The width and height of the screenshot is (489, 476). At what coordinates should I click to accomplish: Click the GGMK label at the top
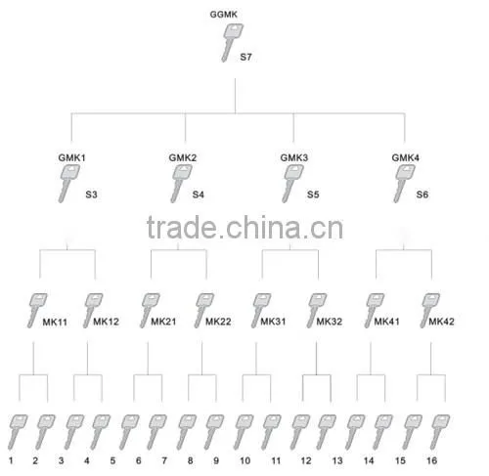click(223, 15)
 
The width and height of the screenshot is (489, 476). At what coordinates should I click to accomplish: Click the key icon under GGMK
click(232, 43)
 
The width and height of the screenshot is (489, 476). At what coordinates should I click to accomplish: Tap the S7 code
click(245, 57)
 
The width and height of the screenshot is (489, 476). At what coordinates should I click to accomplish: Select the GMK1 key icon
click(68, 183)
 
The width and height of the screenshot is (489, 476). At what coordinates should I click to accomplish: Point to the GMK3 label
click(294, 157)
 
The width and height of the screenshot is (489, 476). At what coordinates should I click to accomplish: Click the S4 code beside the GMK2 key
click(199, 195)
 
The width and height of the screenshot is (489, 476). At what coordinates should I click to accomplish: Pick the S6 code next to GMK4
click(422, 195)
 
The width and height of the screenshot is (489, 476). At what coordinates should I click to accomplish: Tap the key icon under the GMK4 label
click(404, 183)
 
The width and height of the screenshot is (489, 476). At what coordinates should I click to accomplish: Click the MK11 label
click(55, 322)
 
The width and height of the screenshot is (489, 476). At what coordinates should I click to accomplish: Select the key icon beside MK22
click(203, 311)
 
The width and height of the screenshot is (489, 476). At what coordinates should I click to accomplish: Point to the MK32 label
click(330, 322)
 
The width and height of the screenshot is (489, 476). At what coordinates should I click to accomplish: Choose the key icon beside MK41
click(374, 311)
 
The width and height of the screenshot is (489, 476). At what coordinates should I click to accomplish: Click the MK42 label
click(441, 322)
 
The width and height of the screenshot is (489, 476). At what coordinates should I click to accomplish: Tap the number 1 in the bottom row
click(11, 460)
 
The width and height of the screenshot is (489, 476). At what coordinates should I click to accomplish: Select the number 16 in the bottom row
click(432, 460)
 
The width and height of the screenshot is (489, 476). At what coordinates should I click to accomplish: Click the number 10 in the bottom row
click(244, 460)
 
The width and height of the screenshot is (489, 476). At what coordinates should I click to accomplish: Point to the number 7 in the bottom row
click(164, 460)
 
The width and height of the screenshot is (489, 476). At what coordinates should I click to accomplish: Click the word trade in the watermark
click(181, 228)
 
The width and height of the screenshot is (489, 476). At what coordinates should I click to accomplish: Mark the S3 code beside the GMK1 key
click(91, 195)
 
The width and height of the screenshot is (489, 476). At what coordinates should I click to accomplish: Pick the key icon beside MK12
click(93, 311)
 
